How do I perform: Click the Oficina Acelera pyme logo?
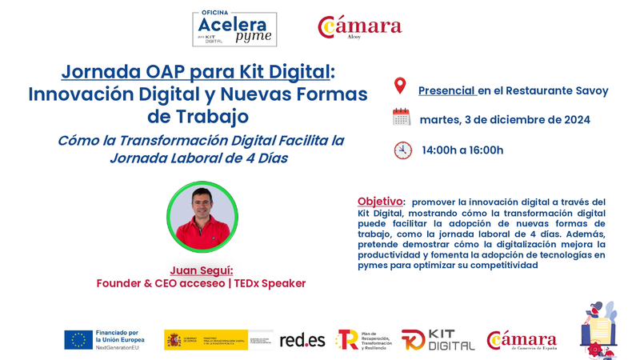(234, 29)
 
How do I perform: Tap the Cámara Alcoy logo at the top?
(360, 27)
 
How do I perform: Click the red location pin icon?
(400, 86)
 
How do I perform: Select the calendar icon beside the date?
(402, 117)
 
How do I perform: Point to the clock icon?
(403, 150)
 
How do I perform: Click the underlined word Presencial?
(447, 90)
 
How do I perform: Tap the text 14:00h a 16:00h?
(462, 150)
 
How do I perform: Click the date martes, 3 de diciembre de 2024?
(505, 120)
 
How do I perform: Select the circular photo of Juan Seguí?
(202, 217)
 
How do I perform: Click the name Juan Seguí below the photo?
(202, 270)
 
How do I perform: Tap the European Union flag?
(78, 339)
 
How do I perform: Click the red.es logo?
(302, 340)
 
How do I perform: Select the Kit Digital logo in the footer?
(438, 340)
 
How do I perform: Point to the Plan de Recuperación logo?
(363, 340)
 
